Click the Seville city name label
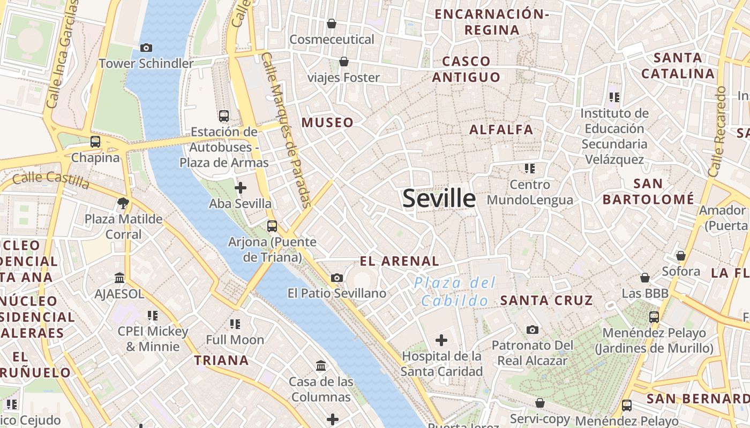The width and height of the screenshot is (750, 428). pyautogui.click(x=439, y=198)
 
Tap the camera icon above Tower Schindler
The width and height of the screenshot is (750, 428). pyautogui.click(x=146, y=48)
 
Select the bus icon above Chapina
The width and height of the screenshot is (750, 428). pyautogui.click(x=95, y=142)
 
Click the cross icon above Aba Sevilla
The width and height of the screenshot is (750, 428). pyautogui.click(x=241, y=188)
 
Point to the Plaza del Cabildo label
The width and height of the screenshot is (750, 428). pyautogui.click(x=455, y=292)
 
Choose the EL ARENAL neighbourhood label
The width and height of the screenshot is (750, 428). pyautogui.click(x=400, y=261)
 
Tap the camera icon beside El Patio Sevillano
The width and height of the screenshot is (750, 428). pyautogui.click(x=337, y=278)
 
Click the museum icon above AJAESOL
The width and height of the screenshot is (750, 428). pyautogui.click(x=119, y=278)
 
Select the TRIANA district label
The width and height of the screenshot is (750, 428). pyautogui.click(x=221, y=360)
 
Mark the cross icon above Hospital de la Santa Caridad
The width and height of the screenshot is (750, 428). pyautogui.click(x=441, y=340)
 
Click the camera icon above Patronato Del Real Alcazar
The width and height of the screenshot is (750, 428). pyautogui.click(x=532, y=330)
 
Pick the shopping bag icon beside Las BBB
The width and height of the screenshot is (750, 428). pyautogui.click(x=645, y=278)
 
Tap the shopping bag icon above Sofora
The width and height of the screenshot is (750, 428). pyautogui.click(x=680, y=256)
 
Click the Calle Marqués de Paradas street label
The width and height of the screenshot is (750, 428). pyautogui.click(x=287, y=130)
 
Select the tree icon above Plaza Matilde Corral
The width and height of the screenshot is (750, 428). pyautogui.click(x=123, y=203)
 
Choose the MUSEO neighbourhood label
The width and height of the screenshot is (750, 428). pyautogui.click(x=327, y=123)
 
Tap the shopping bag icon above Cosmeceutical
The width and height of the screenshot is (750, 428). pyautogui.click(x=332, y=24)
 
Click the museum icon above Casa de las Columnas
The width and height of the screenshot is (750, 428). pyautogui.click(x=321, y=366)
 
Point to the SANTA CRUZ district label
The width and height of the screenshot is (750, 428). pyautogui.click(x=546, y=300)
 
